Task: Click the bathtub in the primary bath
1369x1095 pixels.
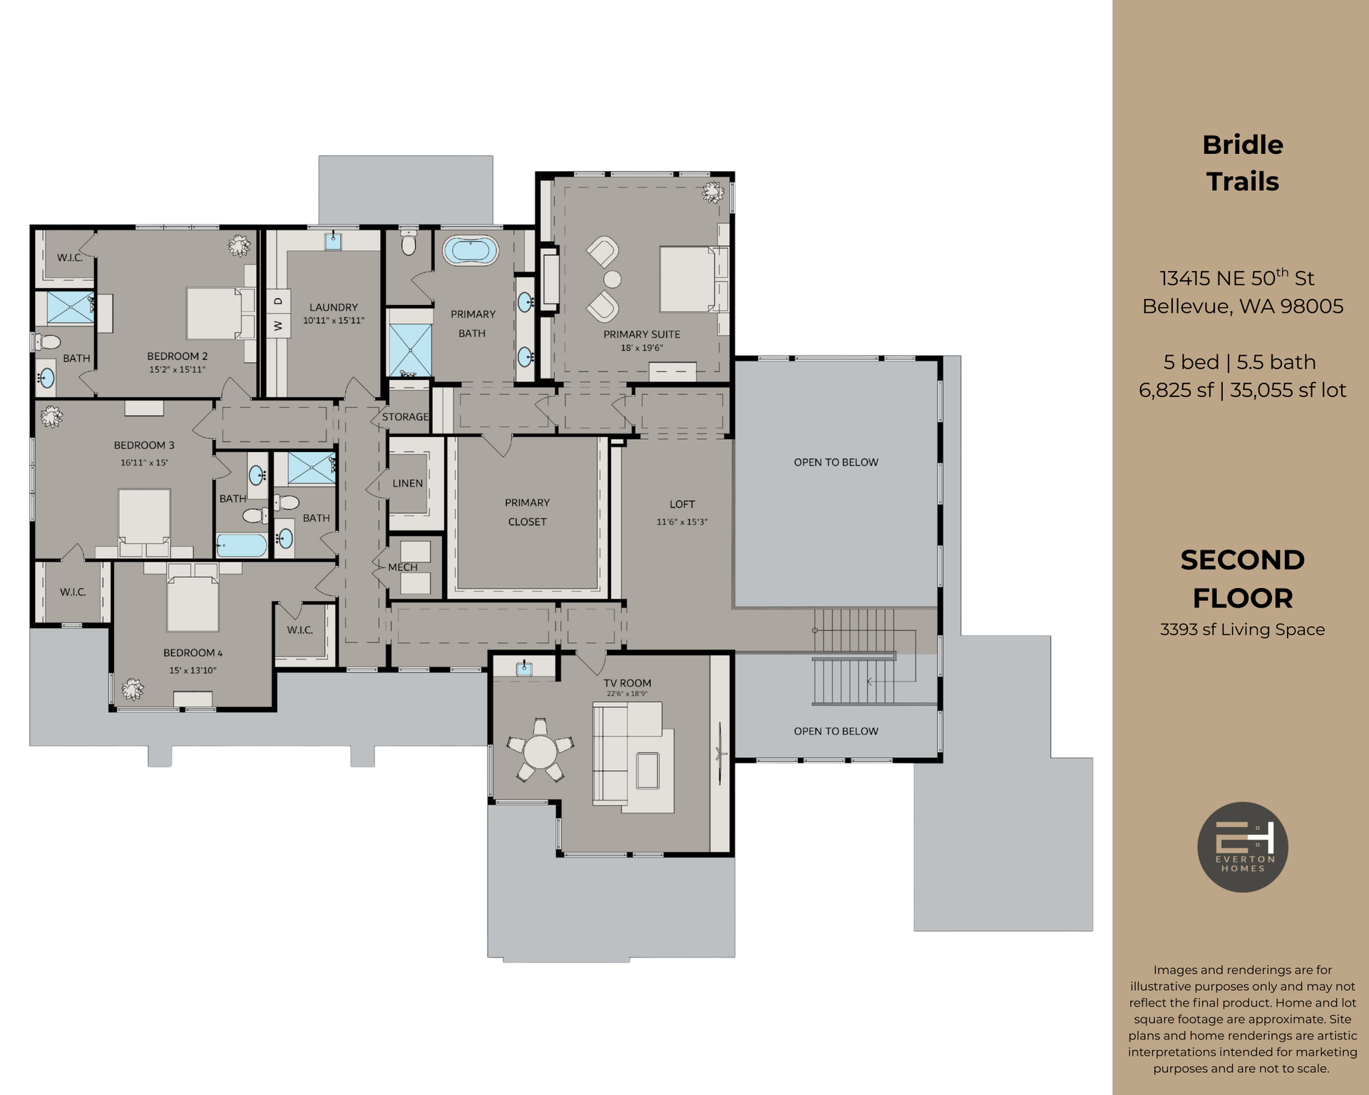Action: coord(470,251)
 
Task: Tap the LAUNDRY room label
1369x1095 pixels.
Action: coord(334,307)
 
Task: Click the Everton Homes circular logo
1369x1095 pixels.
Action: coord(1242,847)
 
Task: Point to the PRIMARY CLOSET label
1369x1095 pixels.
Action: coord(527,512)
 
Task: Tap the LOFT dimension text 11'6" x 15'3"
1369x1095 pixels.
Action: coord(682,522)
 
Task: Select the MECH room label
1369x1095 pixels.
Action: coord(403,567)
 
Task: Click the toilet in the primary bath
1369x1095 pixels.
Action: coord(409,243)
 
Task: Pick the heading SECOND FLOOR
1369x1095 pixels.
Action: coord(1242,579)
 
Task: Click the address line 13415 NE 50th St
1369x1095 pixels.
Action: coord(1242,278)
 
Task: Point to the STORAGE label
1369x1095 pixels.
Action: coord(405,417)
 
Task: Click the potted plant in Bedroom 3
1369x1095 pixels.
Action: coord(51,416)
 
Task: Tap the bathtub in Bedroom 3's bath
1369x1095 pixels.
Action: coord(242,546)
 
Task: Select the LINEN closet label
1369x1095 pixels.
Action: coord(407,483)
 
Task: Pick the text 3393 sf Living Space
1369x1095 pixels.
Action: coord(1242,629)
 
